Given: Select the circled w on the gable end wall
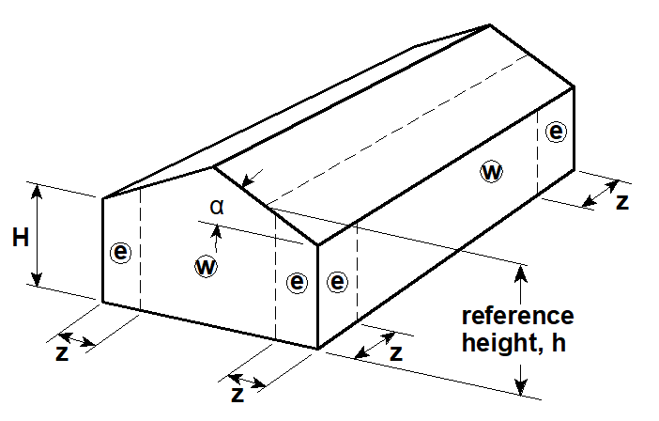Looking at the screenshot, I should [206, 266].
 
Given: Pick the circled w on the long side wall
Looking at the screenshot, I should [490, 171].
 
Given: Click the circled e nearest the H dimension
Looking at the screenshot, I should [120, 252].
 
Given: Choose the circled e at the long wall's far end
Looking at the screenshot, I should [557, 132].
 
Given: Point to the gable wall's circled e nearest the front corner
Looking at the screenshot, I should [298, 281].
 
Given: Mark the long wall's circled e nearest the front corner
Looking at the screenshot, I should [338, 281].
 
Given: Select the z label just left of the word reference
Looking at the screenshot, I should [396, 352].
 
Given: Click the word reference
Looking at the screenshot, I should [517, 315].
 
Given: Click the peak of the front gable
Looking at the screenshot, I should [215, 167].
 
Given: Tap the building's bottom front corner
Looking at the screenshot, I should [319, 349].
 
